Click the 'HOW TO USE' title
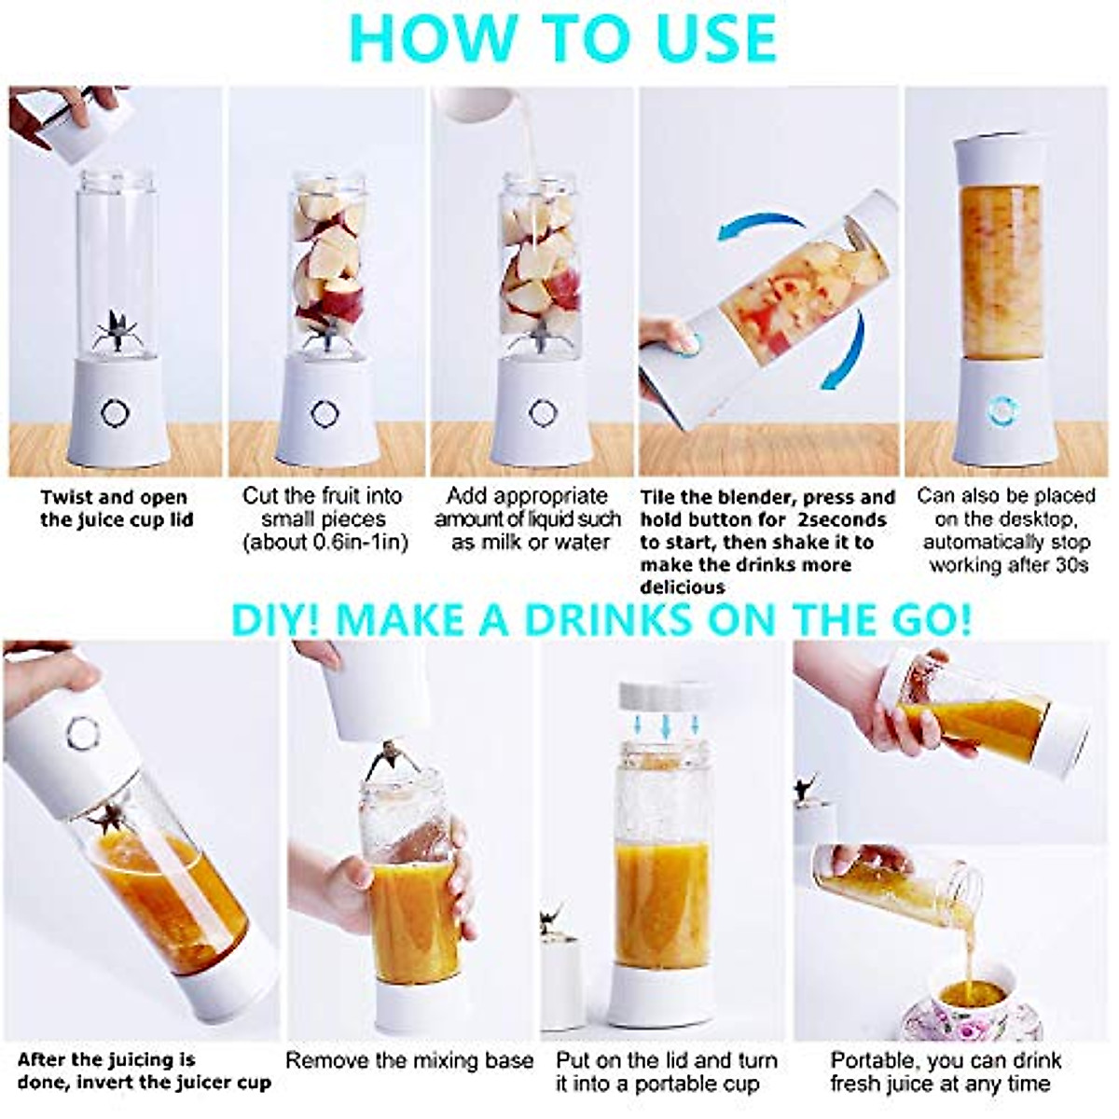pos(563,37)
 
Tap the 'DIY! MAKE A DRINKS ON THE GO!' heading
pos(601,619)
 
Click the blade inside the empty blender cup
pos(117,332)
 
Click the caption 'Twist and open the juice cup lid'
pos(116,508)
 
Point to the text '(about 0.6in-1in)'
pos(325,543)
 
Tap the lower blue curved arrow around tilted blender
pos(845,354)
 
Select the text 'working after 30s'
pos(1009,565)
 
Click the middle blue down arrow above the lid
pos(664,724)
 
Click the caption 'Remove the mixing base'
pos(409,1060)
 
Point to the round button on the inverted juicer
pos(82,733)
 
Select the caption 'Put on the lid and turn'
pos(666,1060)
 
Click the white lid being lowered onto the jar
pos(664,695)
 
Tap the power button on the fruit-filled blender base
pos(325,412)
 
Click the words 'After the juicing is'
pos(106,1059)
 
